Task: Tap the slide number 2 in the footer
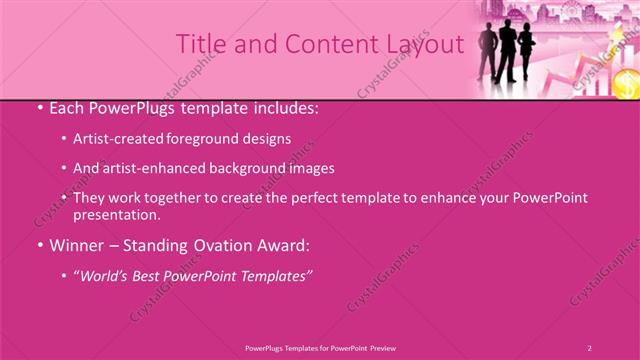[590, 347]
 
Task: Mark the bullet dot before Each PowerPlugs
[37, 106]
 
